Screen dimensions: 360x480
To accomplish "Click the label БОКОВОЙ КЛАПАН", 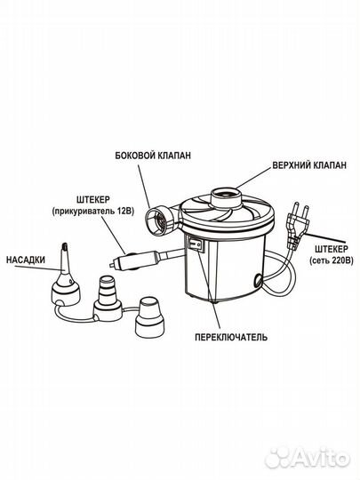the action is point(153,156).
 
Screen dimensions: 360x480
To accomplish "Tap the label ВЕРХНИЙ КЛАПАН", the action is point(309,165).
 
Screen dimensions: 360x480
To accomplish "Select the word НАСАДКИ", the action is point(26,260).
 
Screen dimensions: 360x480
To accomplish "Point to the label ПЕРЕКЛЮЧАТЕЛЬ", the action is point(231,337).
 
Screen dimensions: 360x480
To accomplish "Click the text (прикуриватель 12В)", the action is point(93,212).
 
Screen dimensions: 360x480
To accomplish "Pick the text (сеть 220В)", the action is point(332,260).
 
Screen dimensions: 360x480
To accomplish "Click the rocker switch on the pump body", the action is point(196,244).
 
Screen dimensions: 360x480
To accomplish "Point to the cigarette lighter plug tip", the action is point(112,264).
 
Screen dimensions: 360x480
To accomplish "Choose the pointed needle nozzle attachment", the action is point(65,276).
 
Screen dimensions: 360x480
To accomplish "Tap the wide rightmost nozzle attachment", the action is point(151,317).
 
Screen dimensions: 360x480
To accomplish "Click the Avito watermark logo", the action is point(308,459).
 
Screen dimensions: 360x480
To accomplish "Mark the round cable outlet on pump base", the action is point(258,279).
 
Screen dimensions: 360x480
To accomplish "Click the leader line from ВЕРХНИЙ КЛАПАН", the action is point(253,178).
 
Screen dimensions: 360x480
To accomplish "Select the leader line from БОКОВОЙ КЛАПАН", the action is point(144,186).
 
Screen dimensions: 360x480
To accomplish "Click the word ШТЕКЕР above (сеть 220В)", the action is point(332,248).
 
